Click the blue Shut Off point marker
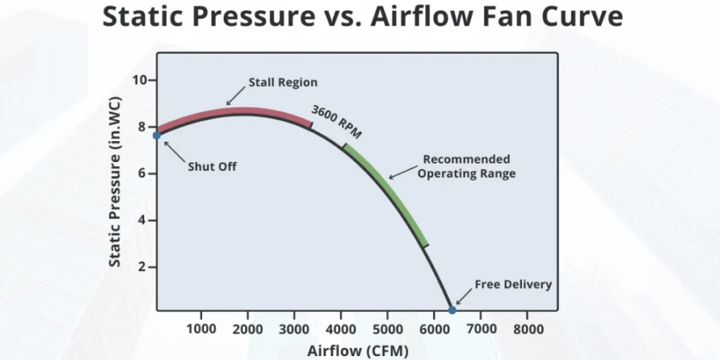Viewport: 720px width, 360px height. click(157, 136)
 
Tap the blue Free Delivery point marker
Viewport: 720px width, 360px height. click(452, 309)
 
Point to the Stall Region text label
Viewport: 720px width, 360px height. click(283, 82)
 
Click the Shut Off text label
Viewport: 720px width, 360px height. click(212, 166)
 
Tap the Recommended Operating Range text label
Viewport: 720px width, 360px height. click(467, 166)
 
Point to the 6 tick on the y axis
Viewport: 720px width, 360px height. click(140, 173)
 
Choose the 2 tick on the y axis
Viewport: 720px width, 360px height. click(140, 266)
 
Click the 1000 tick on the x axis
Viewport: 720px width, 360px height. click(200, 329)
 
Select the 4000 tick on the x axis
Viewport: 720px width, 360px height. click(341, 329)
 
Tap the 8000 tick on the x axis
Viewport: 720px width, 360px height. click(527, 329)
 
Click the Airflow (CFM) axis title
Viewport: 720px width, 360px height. click(358, 350)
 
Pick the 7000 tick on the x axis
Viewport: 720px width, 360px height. click(480, 329)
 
